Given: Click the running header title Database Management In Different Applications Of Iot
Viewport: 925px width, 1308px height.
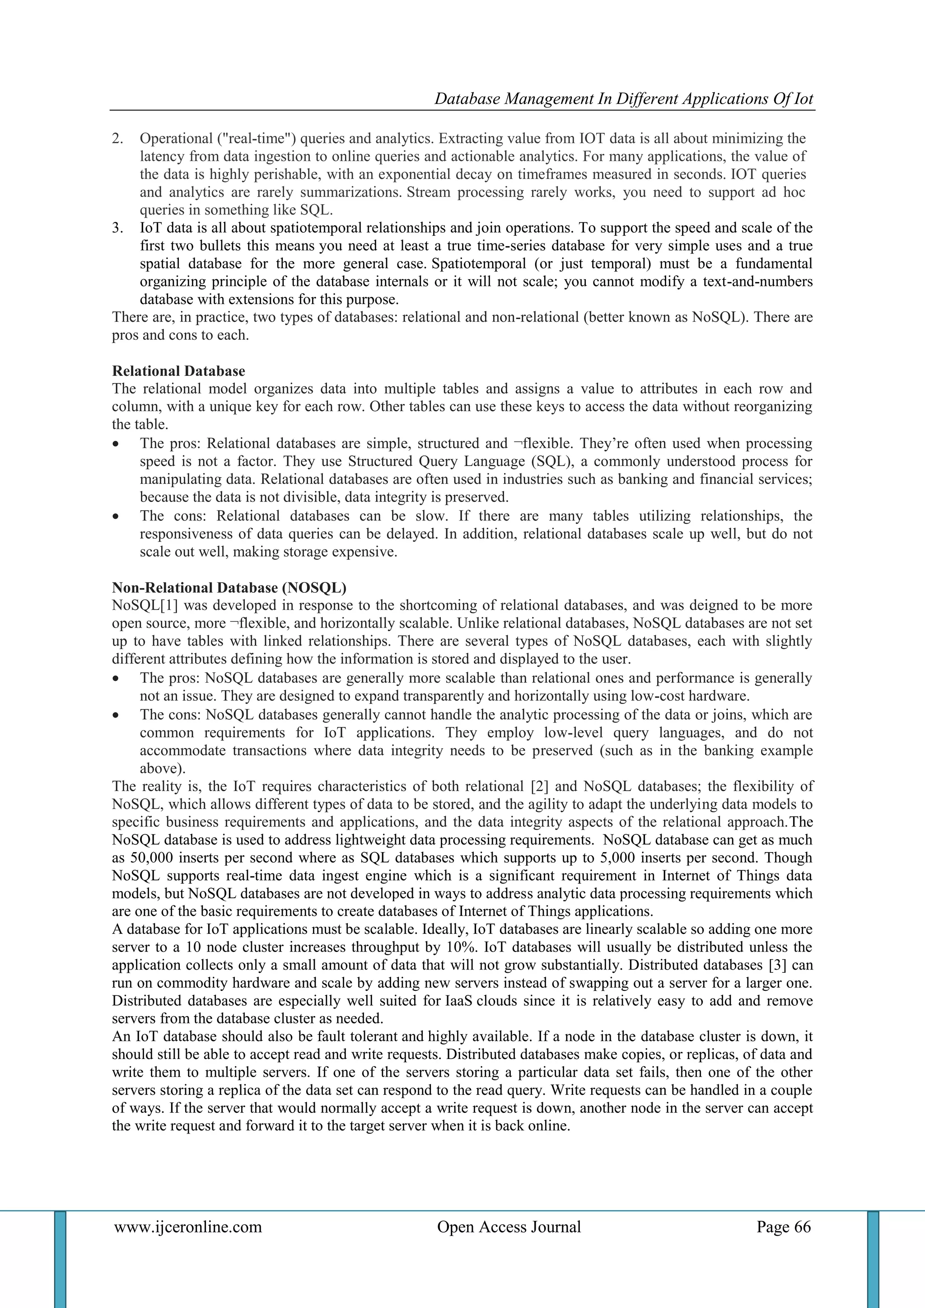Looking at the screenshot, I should coord(624,99).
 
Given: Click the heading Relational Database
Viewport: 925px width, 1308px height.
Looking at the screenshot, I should coord(178,371).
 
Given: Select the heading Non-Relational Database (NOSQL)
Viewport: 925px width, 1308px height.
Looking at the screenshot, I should coord(229,587).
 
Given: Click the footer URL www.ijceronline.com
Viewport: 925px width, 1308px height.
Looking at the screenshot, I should coord(188,1227).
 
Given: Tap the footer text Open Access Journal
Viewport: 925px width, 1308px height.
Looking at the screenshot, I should coord(509,1227).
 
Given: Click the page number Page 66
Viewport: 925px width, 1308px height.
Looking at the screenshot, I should coord(783,1227).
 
